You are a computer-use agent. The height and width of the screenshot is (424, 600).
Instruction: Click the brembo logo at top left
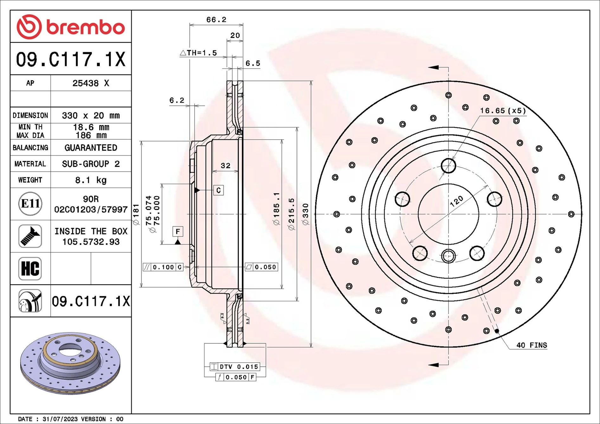pos(70,27)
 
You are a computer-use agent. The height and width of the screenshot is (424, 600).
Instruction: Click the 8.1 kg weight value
pos(91,180)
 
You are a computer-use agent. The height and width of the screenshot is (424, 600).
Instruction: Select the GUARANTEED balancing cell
pos(91,148)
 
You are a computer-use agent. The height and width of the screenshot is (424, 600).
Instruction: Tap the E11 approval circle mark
pos(30,204)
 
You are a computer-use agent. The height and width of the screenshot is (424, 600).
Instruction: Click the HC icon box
pos(30,269)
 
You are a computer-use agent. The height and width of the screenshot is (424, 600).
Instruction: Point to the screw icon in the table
pos(30,236)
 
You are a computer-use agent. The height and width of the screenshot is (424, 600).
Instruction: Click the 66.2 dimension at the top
pos(216,20)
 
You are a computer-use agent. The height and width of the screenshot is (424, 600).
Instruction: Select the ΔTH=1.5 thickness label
pos(199,53)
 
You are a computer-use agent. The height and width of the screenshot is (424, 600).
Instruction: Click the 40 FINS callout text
pos(532,345)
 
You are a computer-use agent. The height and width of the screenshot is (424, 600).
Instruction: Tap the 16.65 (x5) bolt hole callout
pos(503,111)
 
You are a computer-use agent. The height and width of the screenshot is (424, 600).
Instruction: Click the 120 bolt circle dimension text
pos(456,201)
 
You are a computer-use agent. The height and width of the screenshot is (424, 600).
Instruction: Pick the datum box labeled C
pos(218,190)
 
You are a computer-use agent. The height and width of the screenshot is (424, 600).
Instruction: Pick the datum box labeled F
pos(178,231)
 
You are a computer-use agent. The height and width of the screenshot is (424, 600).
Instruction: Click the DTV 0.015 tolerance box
pos(235,367)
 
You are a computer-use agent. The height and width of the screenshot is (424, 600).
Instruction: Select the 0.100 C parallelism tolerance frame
pos(163,267)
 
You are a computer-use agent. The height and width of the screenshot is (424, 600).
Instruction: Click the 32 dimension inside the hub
pos(225,166)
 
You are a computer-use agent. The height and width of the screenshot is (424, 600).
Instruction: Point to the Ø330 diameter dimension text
pos(305,214)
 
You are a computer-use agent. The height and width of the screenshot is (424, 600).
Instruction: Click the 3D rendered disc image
pos(70,363)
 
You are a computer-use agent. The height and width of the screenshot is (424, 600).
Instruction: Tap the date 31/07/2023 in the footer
pos(60,419)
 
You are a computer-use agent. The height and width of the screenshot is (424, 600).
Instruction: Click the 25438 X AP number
pos(91,83)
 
